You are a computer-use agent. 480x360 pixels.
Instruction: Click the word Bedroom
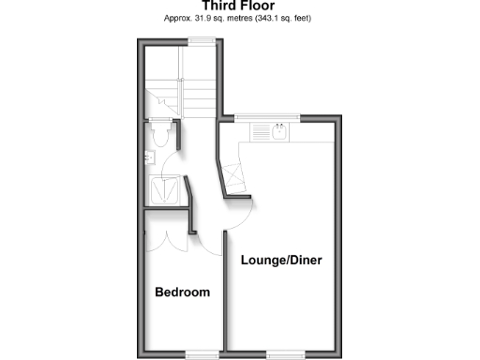182,292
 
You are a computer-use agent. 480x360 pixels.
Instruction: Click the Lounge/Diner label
282,260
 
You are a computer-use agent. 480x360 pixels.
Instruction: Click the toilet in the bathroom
160,136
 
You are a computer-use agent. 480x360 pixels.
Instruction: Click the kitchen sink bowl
278,133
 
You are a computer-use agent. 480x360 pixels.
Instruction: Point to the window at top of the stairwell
198,39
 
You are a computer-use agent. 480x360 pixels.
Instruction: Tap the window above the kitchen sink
266,117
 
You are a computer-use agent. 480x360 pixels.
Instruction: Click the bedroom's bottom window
198,353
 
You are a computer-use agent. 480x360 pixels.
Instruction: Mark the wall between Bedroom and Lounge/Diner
223,300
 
